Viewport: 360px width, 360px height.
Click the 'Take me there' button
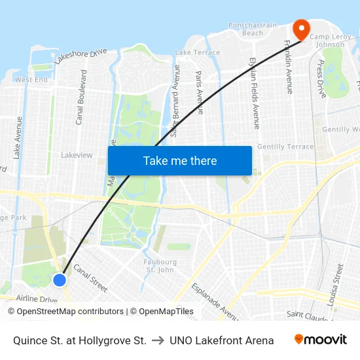coord(179,161)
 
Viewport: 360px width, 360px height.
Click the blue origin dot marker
coord(60,280)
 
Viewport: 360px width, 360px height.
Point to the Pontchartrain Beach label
coord(255,29)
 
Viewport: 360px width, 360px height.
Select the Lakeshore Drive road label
coord(81,56)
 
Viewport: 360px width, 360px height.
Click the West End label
coord(31,80)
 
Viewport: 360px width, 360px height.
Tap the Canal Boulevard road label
coord(81,98)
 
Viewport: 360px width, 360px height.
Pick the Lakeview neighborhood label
coord(77,155)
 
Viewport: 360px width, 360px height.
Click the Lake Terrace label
coord(198,52)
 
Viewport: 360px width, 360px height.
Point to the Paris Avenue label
coord(200,92)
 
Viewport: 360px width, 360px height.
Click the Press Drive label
coord(321,79)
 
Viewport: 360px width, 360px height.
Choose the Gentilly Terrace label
coord(285,147)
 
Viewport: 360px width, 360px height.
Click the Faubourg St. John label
coord(160,266)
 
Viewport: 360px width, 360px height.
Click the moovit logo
coord(320,340)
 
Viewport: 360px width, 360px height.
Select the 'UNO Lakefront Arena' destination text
coord(221,340)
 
